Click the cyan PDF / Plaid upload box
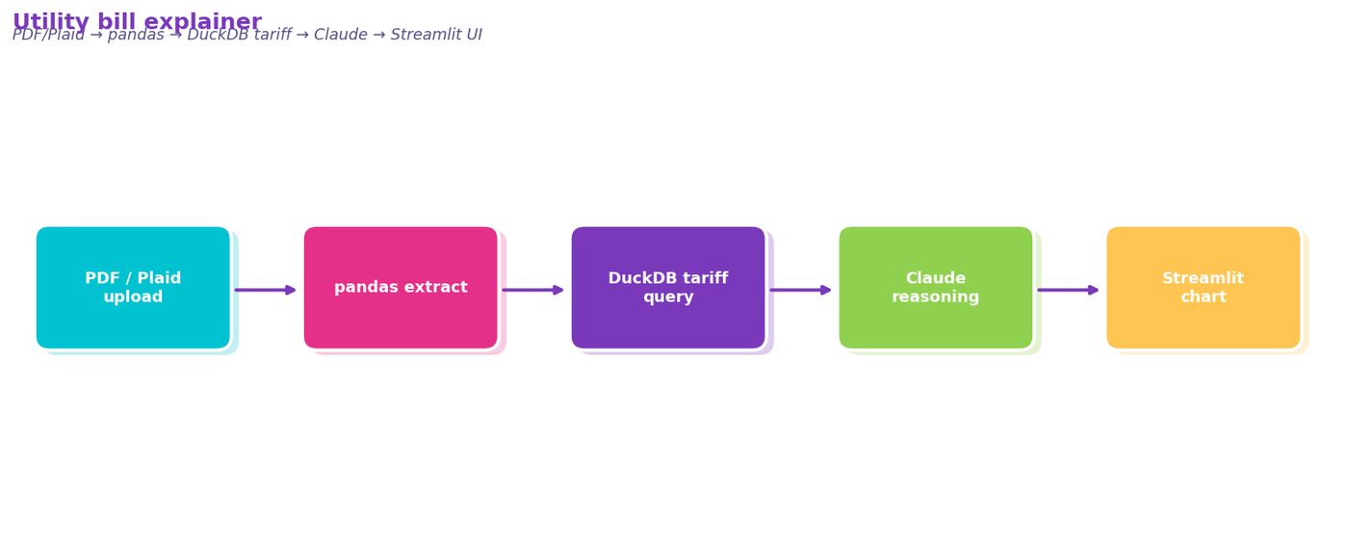133,287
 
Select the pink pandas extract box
401,287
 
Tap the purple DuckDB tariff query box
668,287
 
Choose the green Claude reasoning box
936,287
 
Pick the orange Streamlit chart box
1203,287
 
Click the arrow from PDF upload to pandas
266,290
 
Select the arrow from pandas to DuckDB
532,290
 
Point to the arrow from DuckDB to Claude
800,290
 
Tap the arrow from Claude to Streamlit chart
1068,290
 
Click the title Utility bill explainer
137,22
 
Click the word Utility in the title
50,22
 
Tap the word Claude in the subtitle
341,35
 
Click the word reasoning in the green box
936,297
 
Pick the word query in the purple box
668,297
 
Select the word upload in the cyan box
133,297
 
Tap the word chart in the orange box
1203,297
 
